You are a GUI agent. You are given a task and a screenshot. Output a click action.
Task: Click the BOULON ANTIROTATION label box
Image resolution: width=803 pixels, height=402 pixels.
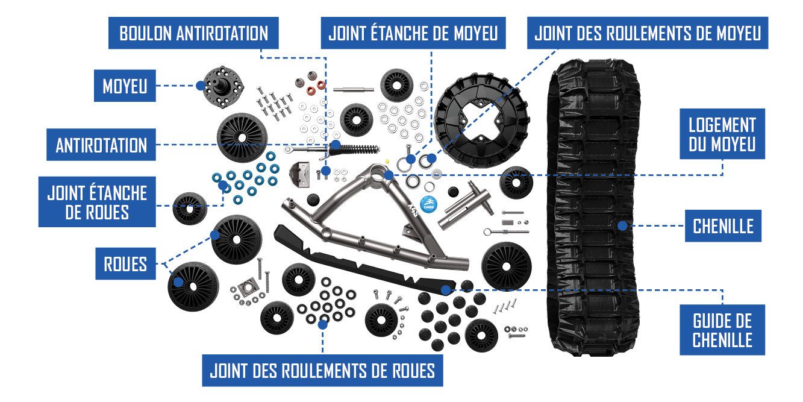[x=193, y=33]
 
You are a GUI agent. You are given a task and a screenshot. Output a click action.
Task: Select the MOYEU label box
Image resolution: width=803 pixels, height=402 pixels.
[x=125, y=86]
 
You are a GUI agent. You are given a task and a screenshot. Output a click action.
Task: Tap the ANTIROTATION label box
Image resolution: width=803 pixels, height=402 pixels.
[x=101, y=145]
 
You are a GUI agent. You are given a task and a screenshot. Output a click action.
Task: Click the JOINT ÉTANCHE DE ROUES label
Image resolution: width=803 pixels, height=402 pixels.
[x=97, y=202]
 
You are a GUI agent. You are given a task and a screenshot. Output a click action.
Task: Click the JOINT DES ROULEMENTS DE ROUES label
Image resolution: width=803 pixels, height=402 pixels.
[x=322, y=370]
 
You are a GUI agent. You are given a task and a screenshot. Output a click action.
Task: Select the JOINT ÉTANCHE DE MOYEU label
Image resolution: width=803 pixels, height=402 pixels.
[x=413, y=33]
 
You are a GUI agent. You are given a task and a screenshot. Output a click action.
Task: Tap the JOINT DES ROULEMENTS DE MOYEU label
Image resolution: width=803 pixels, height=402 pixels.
[x=648, y=33]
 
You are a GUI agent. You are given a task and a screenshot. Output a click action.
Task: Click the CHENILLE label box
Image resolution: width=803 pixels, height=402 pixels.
[x=723, y=226]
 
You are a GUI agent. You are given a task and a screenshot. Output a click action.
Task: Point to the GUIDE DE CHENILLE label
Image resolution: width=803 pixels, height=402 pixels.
[x=722, y=330]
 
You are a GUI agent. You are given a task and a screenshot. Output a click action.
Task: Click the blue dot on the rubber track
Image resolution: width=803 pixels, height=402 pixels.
[x=622, y=225]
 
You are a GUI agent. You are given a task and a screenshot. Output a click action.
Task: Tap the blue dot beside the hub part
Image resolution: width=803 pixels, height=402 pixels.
[x=200, y=86]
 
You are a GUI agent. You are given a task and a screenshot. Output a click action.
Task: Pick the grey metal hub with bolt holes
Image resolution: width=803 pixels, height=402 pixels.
[x=223, y=84]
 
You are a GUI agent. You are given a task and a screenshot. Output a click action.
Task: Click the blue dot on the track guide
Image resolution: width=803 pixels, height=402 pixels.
[x=445, y=290]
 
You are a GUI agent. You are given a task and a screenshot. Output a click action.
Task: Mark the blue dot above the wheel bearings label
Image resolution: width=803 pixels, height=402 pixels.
[x=323, y=324]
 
